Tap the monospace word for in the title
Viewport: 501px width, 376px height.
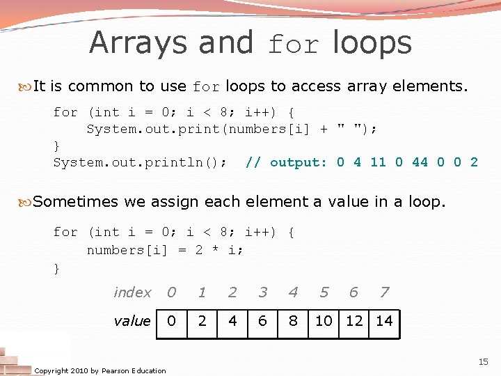(293, 45)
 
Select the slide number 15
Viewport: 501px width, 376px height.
(483, 362)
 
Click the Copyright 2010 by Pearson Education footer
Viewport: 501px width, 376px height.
(100, 370)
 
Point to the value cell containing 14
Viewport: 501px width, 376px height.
(384, 321)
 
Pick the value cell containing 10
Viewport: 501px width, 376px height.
(324, 321)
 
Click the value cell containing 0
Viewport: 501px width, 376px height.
(171, 321)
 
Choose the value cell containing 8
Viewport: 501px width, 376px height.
(293, 321)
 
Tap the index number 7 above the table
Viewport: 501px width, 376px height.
(384, 292)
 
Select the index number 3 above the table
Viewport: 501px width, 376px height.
(262, 292)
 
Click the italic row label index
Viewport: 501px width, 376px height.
(132, 292)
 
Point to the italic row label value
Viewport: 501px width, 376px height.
(132, 321)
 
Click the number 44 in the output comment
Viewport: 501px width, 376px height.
(420, 162)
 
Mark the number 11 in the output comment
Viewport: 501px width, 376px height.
(378, 162)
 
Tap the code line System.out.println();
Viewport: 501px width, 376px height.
(140, 162)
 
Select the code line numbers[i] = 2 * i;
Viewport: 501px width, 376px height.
(165, 250)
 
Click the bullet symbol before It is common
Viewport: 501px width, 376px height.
(26, 87)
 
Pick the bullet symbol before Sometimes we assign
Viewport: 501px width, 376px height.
(26, 203)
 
